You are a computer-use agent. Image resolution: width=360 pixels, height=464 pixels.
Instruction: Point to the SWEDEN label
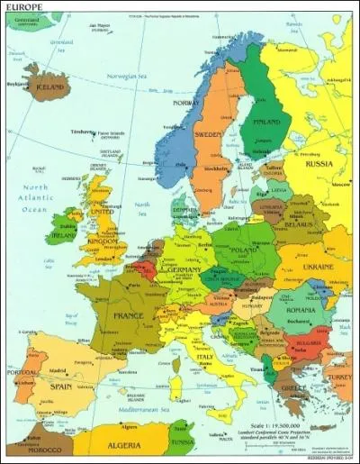click(209, 135)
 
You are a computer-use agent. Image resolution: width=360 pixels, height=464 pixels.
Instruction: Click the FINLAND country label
click(265, 122)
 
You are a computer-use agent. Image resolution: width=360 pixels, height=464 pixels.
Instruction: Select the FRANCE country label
click(127, 315)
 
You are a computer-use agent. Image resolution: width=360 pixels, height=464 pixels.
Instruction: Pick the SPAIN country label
click(61, 386)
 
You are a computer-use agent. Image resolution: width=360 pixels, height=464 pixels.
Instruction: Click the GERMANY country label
click(183, 268)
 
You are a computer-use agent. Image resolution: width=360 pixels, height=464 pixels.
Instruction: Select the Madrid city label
click(58, 369)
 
